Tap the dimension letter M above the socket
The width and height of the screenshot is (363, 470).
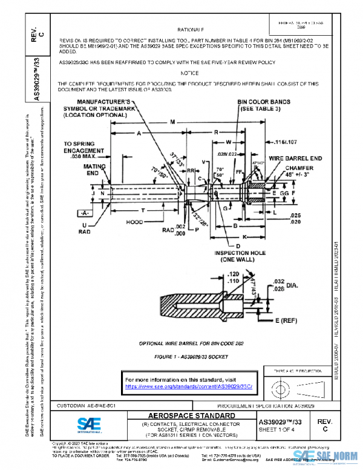(x=173, y=122)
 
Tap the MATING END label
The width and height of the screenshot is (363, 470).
(x=94, y=169)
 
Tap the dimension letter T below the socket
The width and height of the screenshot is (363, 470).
(x=142, y=210)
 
